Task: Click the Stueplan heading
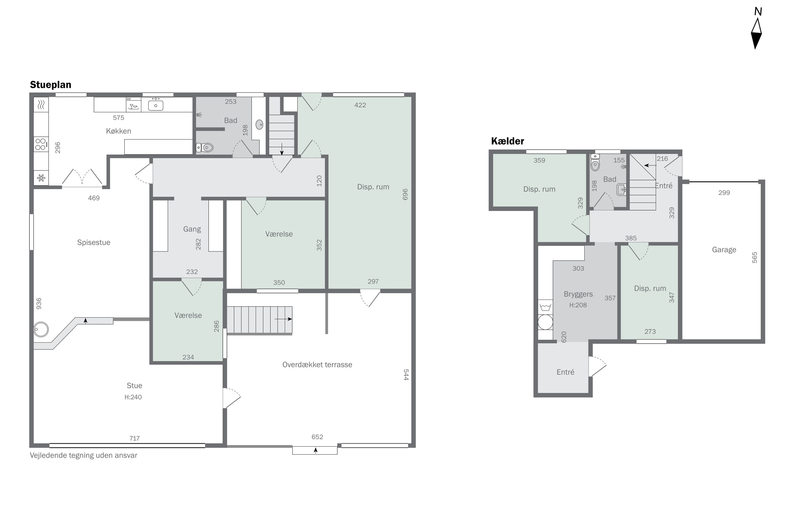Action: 50,85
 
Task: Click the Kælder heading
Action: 507,141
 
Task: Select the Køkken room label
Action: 118,131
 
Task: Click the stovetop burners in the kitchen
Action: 41,144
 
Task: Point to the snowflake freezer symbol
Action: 41,178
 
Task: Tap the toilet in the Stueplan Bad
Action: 205,147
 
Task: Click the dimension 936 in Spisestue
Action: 39,304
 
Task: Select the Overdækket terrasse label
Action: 317,365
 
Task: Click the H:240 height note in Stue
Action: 133,397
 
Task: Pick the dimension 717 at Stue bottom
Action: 134,438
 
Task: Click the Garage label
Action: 724,250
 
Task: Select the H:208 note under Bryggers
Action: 578,305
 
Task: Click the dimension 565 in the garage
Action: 754,257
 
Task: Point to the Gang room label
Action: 192,229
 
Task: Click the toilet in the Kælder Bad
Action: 595,164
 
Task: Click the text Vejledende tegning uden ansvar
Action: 83,455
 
